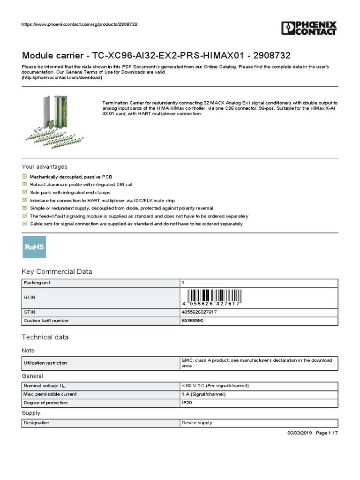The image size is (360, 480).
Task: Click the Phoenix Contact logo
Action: click(309, 28)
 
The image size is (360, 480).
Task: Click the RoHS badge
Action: click(35, 247)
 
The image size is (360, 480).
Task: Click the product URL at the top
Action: click(80, 24)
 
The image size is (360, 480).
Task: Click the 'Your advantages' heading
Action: click(45, 167)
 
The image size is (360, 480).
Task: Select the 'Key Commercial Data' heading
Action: click(57, 271)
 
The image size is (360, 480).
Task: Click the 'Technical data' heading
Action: click(45, 337)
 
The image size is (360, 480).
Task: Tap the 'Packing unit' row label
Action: click(37, 283)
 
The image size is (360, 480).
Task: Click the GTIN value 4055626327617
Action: click(199, 312)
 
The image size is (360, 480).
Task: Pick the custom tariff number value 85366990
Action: click(193, 321)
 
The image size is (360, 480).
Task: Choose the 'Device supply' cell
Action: click(197, 423)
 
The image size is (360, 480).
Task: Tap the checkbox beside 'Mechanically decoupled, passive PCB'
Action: click(25, 176)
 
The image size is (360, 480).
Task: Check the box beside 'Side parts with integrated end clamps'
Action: click(25, 192)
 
